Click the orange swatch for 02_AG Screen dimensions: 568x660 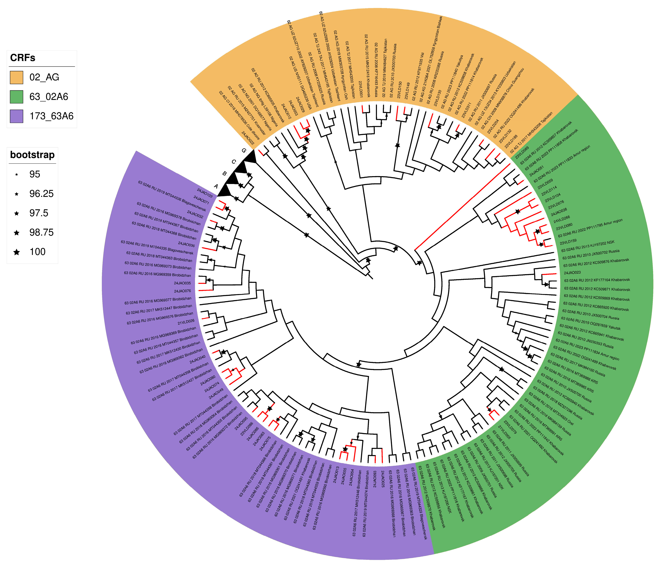[x=16, y=77]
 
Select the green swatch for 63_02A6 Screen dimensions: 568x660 [x=16, y=97]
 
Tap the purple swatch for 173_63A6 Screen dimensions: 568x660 [x=16, y=116]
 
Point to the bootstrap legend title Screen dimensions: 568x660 [x=32, y=155]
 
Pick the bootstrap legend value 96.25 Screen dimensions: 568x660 [x=41, y=194]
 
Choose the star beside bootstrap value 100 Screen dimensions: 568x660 [x=16, y=252]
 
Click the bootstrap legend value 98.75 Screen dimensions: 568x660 [x=41, y=232]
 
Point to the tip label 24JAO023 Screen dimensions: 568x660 [x=572, y=273]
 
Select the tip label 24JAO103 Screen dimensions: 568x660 [x=204, y=193]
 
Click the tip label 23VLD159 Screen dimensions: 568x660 [x=568, y=242]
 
